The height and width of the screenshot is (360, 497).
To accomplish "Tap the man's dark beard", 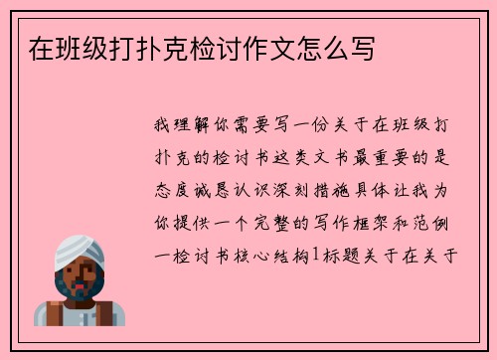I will pyautogui.click(x=78, y=291).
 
